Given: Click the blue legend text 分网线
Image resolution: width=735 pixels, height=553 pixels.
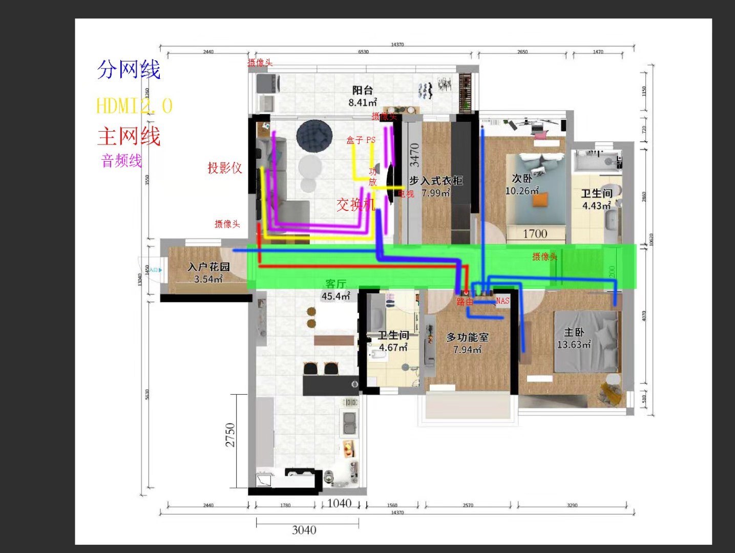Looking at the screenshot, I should [129, 70].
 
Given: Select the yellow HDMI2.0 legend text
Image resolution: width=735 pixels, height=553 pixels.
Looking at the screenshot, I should [134, 106].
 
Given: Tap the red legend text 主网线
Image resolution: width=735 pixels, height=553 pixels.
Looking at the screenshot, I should [129, 137].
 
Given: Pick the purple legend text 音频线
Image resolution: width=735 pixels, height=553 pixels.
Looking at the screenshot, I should [121, 161].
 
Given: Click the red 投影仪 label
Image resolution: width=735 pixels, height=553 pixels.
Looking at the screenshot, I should [224, 168].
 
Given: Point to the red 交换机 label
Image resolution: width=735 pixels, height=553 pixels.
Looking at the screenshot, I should [355, 205].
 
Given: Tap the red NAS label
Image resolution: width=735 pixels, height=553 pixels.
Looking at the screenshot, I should [502, 301].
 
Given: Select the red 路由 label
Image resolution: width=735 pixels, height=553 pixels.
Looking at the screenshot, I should [465, 302].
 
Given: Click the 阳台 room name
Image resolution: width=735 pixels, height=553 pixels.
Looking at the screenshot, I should [362, 91].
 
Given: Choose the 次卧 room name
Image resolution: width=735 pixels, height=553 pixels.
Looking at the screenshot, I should [522, 178].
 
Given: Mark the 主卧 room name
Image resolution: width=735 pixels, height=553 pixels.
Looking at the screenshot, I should [574, 332].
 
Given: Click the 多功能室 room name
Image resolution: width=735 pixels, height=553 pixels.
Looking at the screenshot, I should [467, 337].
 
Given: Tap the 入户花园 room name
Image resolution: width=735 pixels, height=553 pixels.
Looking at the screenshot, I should [208, 267].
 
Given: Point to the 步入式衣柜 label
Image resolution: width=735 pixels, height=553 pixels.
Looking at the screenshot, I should [436, 181].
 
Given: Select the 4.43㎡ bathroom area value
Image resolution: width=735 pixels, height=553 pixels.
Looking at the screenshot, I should [596, 206].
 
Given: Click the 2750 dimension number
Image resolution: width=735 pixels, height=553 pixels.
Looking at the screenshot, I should [230, 435].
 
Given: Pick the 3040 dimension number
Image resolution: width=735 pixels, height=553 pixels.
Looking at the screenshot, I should [304, 530].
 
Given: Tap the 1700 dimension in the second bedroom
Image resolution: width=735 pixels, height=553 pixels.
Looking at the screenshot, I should [535, 234].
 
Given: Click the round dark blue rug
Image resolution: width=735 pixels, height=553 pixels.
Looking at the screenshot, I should [314, 136].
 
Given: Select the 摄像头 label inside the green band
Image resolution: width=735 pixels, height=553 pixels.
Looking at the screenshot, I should [544, 257].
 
